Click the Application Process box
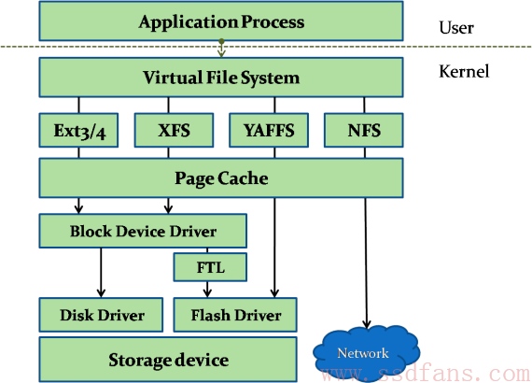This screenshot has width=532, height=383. tap(221, 21)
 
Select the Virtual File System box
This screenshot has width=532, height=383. tap(221, 78)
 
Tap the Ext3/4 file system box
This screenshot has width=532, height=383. tap(78, 131)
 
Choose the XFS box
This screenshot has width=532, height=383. tap(174, 131)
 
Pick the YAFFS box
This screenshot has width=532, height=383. tap(269, 131)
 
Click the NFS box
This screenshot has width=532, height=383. tap(364, 131)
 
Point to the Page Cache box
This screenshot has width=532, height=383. tap(221, 177)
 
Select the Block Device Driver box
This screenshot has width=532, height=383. tap(143, 231)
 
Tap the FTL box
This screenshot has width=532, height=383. tap(210, 267)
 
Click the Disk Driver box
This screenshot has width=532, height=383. tap(101, 315)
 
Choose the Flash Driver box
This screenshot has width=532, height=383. tap(235, 315)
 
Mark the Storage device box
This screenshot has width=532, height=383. tap(168, 360)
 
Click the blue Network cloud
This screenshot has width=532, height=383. tap(366, 353)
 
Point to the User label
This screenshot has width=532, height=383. tap(456, 27)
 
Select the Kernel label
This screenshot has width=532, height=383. tap(464, 71)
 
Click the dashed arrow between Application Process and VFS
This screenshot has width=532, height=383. tap(221, 49)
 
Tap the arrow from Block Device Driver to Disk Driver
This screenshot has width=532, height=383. tap(101, 273)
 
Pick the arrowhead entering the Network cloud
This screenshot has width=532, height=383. tap(367, 324)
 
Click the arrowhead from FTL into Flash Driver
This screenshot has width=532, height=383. tap(207, 293)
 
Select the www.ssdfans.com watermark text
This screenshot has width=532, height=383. tap(426, 374)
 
